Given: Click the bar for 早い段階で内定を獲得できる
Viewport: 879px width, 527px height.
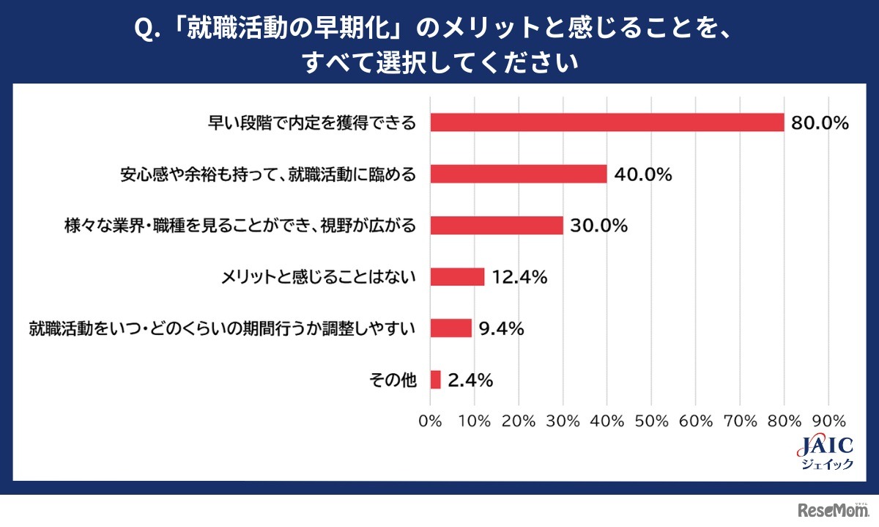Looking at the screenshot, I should pyautogui.click(x=607, y=122).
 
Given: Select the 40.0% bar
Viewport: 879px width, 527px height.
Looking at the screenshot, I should pyautogui.click(x=519, y=174).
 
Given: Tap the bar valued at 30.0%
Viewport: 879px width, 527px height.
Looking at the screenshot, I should pyautogui.click(x=497, y=225).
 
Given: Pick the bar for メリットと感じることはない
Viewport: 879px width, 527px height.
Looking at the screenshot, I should pyautogui.click(x=457, y=276).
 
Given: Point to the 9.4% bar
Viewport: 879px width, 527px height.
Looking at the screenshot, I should pyautogui.click(x=450, y=328).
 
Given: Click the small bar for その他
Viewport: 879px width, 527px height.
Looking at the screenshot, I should pyautogui.click(x=435, y=380).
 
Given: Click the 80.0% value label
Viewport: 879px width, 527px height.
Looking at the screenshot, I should pyautogui.click(x=819, y=123).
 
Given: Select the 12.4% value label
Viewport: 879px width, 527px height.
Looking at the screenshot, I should pyautogui.click(x=519, y=277).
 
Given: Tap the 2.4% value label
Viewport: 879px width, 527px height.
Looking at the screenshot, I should pyautogui.click(x=470, y=380).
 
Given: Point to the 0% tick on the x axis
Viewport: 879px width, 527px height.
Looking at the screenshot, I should pyautogui.click(x=430, y=421).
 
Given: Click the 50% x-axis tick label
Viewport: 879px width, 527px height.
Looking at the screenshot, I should pyautogui.click(x=651, y=421).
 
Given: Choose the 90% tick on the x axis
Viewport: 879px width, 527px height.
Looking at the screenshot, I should pyautogui.click(x=828, y=421).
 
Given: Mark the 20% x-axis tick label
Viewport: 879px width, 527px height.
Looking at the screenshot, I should pyautogui.click(x=519, y=421).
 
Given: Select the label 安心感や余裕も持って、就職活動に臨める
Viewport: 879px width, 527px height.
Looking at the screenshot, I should pyautogui.click(x=268, y=174).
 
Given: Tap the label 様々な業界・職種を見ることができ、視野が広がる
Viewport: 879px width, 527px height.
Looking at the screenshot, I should pyautogui.click(x=242, y=226).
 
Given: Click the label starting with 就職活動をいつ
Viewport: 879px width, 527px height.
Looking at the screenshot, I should pyautogui.click(x=223, y=328).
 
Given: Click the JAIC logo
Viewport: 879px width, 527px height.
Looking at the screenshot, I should pyautogui.click(x=823, y=453).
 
